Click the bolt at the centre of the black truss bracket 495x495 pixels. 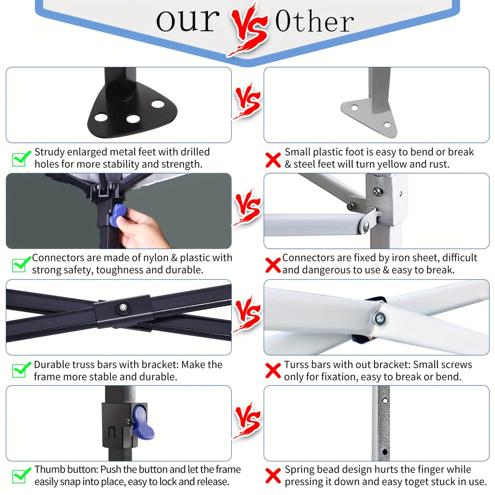click(x=123, y=307)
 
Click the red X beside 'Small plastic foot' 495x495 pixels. click(x=273, y=160)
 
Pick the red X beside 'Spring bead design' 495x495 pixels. click(x=273, y=476)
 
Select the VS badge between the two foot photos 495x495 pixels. click(x=247, y=101)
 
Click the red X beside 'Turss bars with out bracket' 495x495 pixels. click(x=273, y=371)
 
